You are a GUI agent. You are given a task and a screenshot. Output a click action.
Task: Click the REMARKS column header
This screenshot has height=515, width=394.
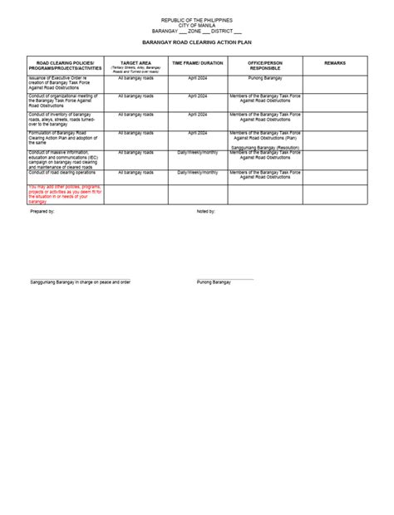[335, 62]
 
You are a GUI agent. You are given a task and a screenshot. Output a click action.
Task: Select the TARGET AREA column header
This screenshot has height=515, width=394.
[135, 62]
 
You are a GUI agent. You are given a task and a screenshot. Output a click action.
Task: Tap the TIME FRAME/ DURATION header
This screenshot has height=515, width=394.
[197, 62]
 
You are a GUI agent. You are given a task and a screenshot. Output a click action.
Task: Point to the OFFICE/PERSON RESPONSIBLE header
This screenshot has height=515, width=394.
[263, 65]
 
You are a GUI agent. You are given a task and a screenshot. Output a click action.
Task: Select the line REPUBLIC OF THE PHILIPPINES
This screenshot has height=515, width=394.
[197, 17]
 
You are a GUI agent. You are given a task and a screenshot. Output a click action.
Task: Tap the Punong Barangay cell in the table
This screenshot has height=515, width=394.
[263, 77]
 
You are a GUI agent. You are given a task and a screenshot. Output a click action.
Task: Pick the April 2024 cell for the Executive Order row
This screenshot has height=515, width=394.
[197, 77]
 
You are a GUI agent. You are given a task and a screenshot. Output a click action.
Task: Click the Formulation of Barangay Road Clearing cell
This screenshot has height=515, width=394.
[66, 137]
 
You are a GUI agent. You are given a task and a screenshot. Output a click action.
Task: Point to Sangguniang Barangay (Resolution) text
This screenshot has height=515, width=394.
[264, 147]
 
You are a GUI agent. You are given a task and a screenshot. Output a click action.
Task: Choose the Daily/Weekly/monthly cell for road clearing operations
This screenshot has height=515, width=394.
[197, 172]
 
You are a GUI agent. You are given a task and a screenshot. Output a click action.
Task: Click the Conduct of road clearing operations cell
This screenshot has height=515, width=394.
[64, 172]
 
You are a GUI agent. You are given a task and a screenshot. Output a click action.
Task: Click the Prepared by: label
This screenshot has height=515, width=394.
[42, 212]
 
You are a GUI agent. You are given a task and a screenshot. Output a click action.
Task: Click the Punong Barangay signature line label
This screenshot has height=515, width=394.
[214, 282]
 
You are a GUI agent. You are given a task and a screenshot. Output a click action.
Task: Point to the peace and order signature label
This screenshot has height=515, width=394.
[81, 282]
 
